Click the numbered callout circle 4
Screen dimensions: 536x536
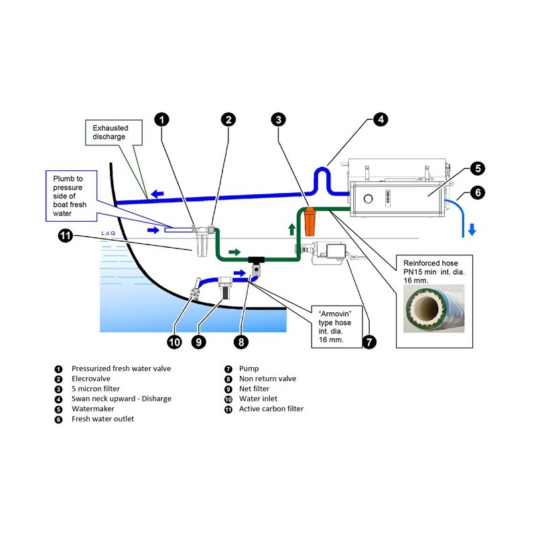pos(380,121)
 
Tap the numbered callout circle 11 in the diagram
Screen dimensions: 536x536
pos(64,235)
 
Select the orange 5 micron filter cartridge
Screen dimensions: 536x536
pos(310,222)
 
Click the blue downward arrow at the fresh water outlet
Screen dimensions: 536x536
pos(472,229)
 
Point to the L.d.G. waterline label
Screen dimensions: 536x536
pos(108,232)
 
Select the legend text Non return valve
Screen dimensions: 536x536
pos(267,379)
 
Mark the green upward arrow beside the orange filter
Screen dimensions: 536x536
pos(291,228)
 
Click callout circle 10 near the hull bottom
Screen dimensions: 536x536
pos(174,342)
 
